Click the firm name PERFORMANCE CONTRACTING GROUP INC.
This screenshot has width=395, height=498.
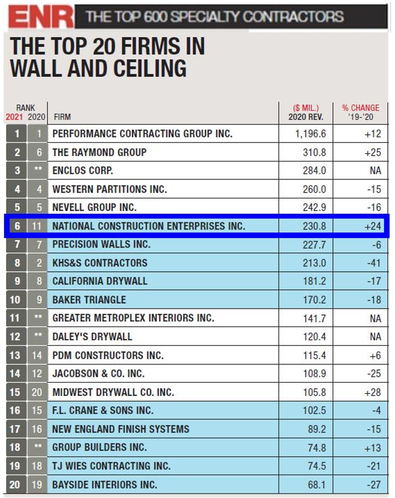(x=142, y=134)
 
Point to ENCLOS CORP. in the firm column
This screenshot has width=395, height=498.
(x=82, y=170)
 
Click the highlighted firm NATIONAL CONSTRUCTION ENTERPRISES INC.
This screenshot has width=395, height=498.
(x=149, y=226)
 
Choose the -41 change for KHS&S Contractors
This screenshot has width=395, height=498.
(x=373, y=263)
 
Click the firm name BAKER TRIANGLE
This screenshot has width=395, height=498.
(x=89, y=300)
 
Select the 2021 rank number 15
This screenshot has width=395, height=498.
(x=17, y=392)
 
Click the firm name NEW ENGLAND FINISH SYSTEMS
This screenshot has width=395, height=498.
(x=120, y=429)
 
